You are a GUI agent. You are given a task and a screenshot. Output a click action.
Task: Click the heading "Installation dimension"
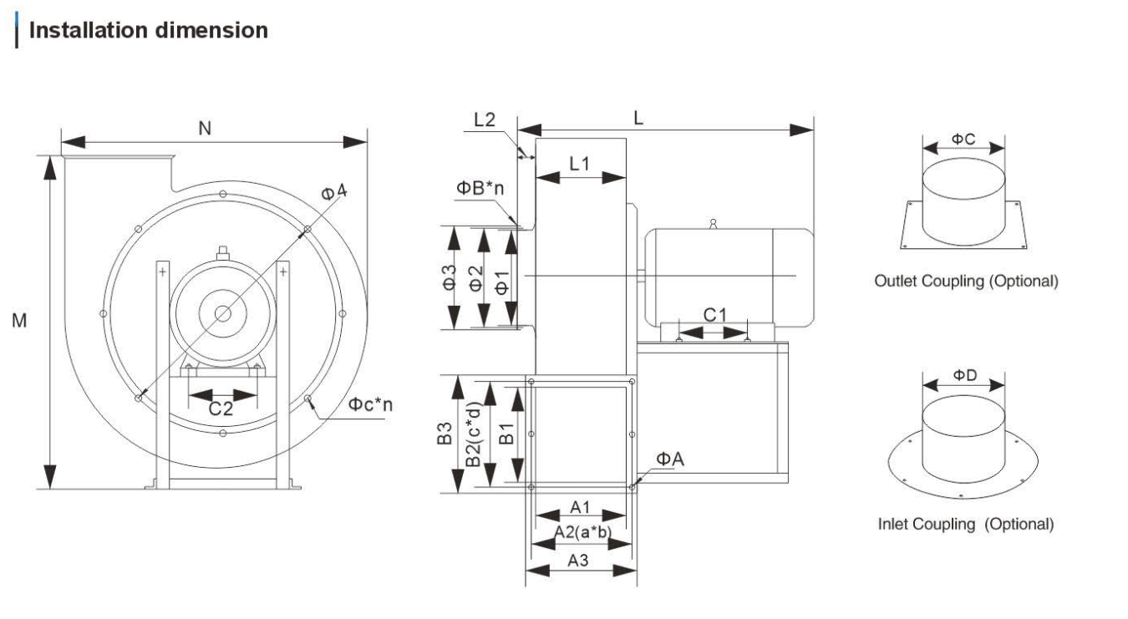(149, 31)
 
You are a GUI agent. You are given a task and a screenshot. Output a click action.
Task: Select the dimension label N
(204, 128)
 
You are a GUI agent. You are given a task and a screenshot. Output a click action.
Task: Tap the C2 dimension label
(221, 408)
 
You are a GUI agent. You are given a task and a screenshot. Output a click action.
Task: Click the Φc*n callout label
(370, 404)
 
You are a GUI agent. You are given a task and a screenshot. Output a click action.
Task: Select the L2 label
(485, 119)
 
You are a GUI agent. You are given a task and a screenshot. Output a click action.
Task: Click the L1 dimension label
(580, 164)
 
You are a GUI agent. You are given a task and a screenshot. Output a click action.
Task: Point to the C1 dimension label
(715, 315)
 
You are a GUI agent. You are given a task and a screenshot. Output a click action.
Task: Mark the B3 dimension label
(446, 434)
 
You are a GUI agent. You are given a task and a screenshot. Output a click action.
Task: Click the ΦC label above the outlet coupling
(963, 139)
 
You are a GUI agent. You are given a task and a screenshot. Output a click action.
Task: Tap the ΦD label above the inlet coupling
(963, 376)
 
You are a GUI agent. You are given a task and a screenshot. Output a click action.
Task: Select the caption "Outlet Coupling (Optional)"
(966, 281)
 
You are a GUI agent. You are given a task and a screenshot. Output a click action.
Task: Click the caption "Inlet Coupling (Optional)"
(965, 524)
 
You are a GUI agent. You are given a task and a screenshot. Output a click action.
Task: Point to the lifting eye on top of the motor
(712, 223)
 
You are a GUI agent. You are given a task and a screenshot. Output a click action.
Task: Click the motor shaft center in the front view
(223, 313)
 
